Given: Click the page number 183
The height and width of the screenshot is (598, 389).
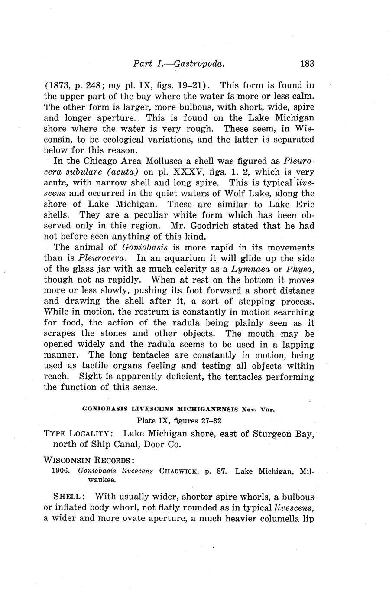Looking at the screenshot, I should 306,64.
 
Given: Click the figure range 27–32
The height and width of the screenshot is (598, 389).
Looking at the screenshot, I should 214,420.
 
